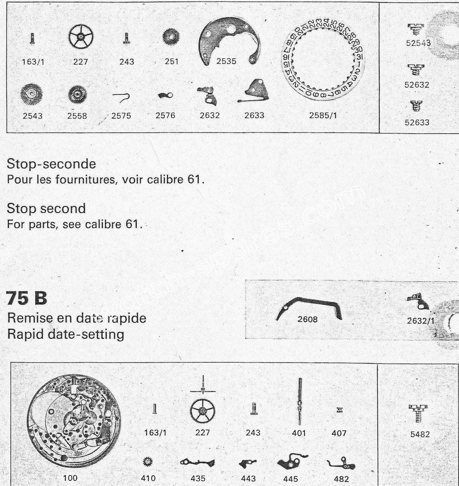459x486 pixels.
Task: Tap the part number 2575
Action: tap(121, 116)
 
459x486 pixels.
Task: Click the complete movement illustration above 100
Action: tap(74, 420)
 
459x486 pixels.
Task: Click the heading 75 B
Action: tap(27, 298)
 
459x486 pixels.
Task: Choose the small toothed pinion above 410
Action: tap(148, 462)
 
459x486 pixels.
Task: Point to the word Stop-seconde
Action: tap(51, 164)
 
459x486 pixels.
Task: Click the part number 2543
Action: tap(33, 116)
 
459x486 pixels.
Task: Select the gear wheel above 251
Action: tap(171, 37)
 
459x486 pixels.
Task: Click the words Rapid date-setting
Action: tap(66, 334)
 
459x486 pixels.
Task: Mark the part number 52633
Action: tap(417, 122)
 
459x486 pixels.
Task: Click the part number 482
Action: tap(341, 479)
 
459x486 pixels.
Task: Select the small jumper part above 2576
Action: tap(166, 96)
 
